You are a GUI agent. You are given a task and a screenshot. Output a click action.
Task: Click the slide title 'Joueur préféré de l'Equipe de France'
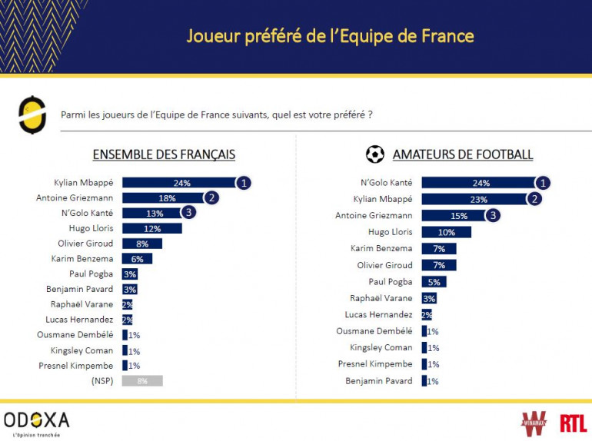pyautogui.click(x=330, y=36)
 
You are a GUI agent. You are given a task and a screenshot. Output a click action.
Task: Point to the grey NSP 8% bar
pyautogui.click(x=142, y=380)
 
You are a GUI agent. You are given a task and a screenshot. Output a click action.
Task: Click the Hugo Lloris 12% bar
pyautogui.click(x=151, y=228)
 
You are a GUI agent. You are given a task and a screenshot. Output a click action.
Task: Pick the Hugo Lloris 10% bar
pyautogui.click(x=446, y=232)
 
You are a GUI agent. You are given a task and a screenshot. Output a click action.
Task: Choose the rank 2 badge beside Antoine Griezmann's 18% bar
pyautogui.click(x=212, y=197)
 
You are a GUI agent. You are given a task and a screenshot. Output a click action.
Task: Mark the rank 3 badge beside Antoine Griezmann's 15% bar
pyautogui.click(x=492, y=215)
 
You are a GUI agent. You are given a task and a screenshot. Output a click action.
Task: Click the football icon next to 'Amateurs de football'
pyautogui.click(x=375, y=154)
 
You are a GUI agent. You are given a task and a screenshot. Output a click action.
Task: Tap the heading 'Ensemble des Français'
pyautogui.click(x=164, y=154)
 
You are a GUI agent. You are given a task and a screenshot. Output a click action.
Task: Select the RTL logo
pyautogui.click(x=572, y=422)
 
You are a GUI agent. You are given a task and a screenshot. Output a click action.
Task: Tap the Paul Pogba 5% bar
pyautogui.click(x=434, y=281)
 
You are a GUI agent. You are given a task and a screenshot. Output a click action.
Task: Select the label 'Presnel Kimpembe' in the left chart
pyautogui.click(x=76, y=365)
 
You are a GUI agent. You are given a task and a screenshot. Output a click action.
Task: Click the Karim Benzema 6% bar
pyautogui.click(x=137, y=259)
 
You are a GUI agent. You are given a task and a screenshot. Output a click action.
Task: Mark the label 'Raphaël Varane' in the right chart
pyautogui.click(x=382, y=298)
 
